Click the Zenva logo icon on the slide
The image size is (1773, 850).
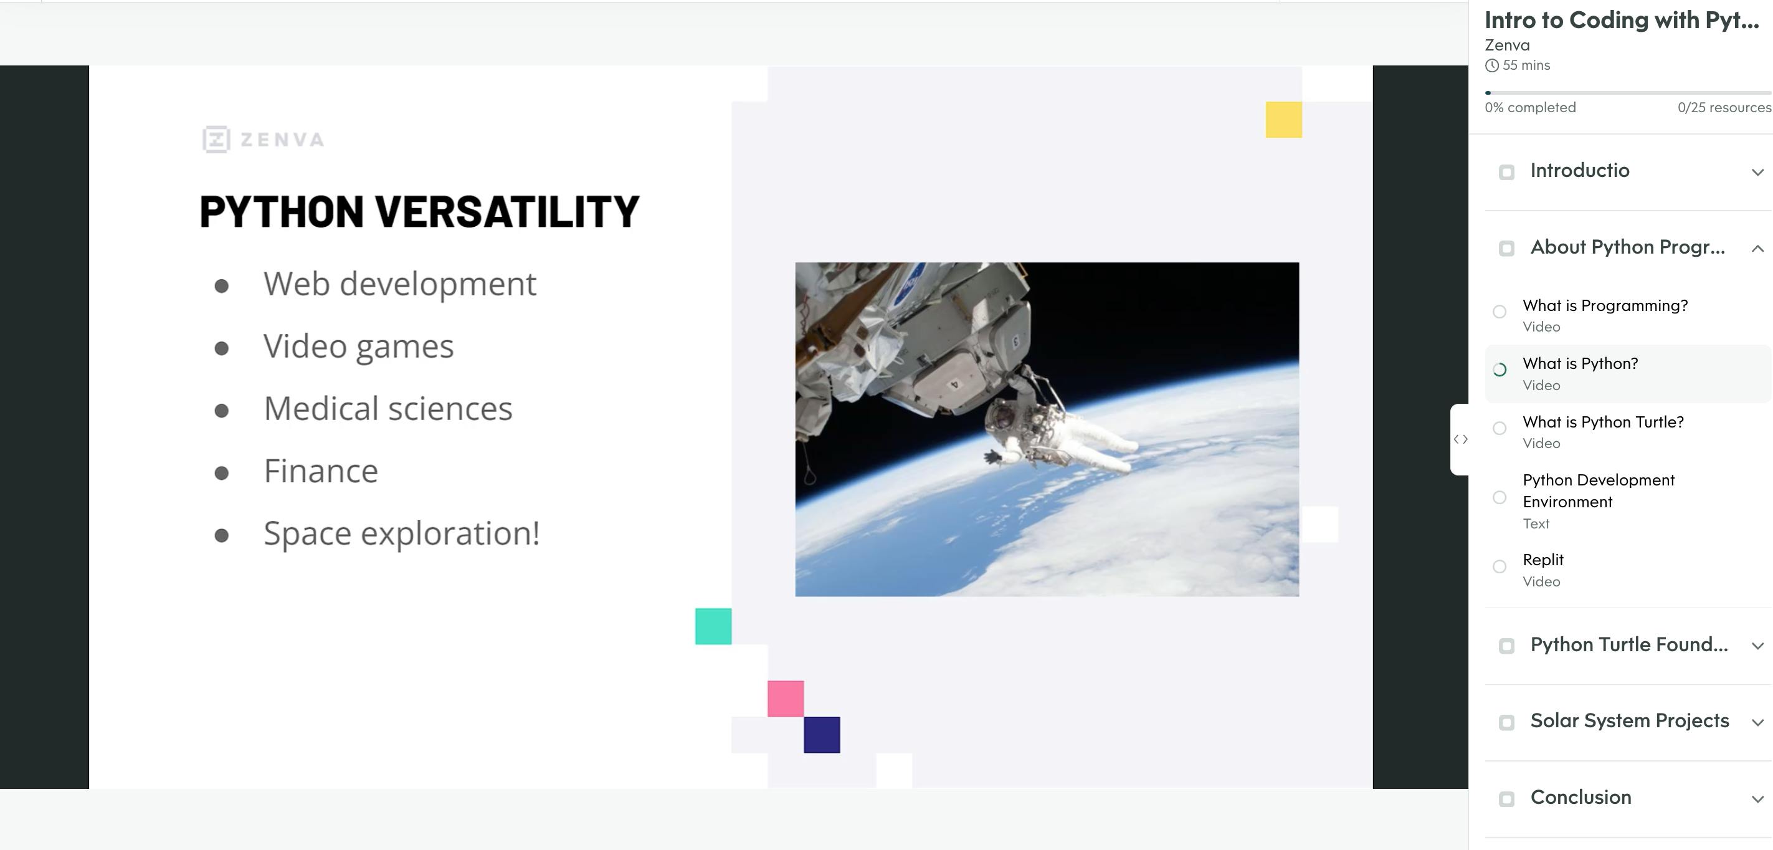216,140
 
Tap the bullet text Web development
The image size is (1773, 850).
399,284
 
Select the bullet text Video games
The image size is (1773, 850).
359,346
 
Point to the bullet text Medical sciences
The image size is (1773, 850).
388,409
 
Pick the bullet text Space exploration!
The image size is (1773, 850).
401,533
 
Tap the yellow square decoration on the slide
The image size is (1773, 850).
1283,120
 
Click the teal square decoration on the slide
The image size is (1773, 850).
713,626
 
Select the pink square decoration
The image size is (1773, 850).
786,699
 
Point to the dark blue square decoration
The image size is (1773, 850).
822,735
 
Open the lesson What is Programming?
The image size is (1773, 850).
1605,305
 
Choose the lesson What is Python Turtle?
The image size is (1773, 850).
1603,422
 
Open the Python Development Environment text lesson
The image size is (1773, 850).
1598,490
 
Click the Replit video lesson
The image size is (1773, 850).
1542,560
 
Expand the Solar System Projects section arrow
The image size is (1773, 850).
1757,723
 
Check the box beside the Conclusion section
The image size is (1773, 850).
1506,799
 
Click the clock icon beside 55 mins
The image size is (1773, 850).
1491,65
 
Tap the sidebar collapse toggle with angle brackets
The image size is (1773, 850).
1460,439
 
